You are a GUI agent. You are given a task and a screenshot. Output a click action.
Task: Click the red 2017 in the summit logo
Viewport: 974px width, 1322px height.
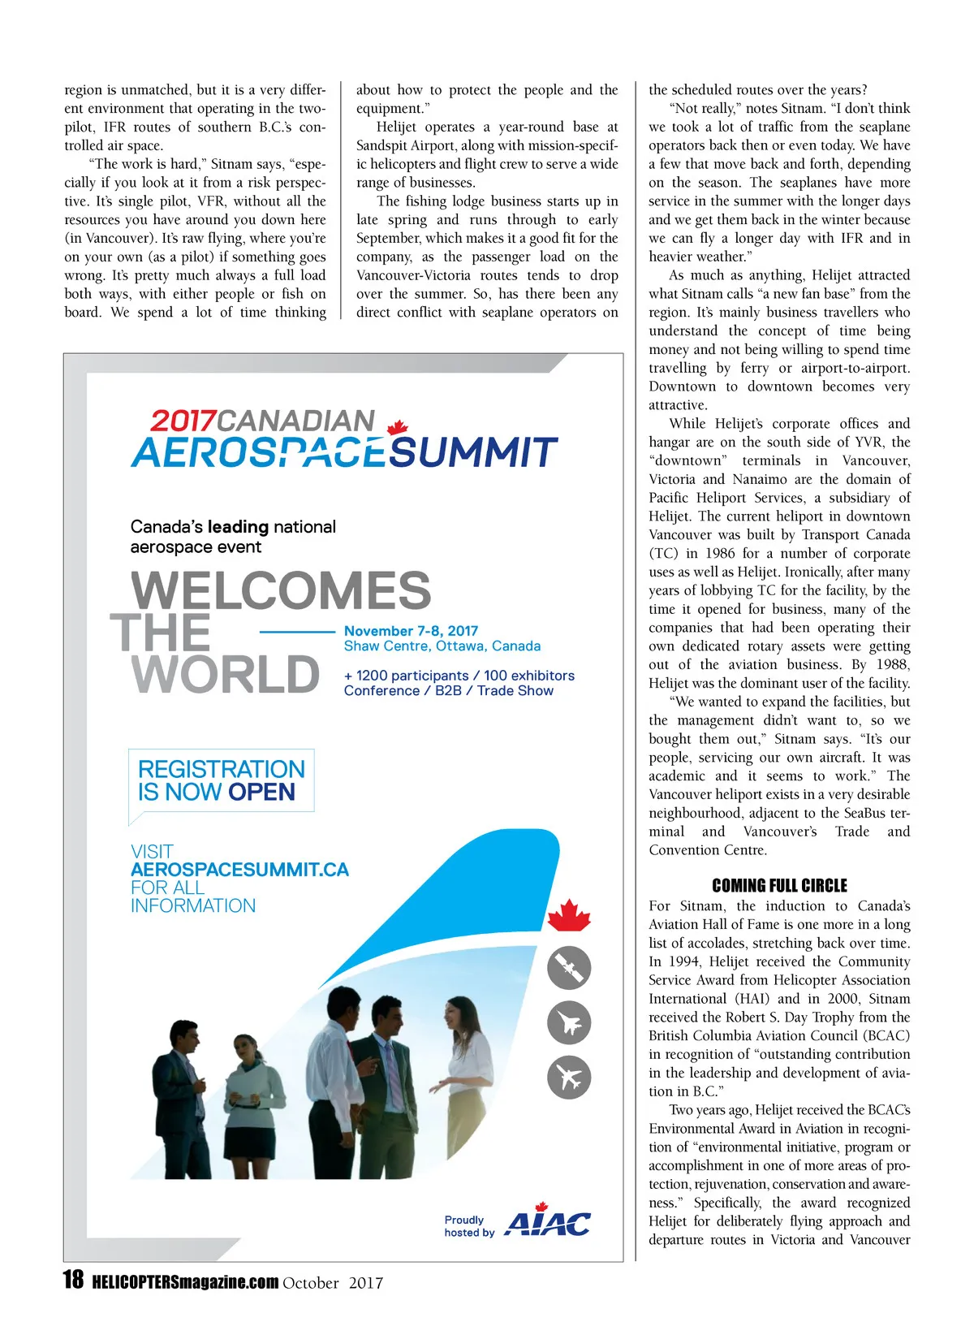tap(183, 421)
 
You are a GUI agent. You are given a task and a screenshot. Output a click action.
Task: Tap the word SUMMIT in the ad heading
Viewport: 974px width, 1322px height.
tap(473, 453)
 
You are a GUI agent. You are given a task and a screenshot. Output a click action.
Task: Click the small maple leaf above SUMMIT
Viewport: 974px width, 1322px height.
tap(397, 427)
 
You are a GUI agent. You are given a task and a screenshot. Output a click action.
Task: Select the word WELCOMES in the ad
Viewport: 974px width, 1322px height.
tap(281, 590)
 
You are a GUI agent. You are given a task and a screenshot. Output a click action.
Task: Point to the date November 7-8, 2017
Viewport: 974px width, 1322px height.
tap(411, 631)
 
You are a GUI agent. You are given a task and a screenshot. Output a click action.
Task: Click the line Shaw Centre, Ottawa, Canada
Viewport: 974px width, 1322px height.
tap(442, 646)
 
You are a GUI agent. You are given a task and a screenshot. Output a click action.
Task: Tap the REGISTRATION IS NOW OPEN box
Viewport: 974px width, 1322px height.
tap(221, 780)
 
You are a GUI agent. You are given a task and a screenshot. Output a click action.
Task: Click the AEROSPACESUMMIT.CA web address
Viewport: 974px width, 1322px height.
tap(239, 870)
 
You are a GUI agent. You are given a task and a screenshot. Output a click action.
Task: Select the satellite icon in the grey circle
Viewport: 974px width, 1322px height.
tap(569, 967)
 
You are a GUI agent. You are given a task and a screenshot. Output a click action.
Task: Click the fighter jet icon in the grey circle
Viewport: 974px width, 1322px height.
tap(569, 1022)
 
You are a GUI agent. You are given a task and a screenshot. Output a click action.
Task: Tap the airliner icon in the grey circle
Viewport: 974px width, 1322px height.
tap(569, 1078)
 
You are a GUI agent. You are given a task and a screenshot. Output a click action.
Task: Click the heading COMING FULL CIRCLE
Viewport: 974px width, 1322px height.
tap(779, 886)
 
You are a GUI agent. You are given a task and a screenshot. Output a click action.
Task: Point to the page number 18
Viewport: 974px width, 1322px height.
tap(73, 1281)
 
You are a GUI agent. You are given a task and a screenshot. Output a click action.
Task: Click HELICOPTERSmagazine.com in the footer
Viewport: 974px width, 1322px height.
tap(185, 1283)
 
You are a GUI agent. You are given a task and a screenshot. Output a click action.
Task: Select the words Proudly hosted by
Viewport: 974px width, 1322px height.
tap(468, 1226)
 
